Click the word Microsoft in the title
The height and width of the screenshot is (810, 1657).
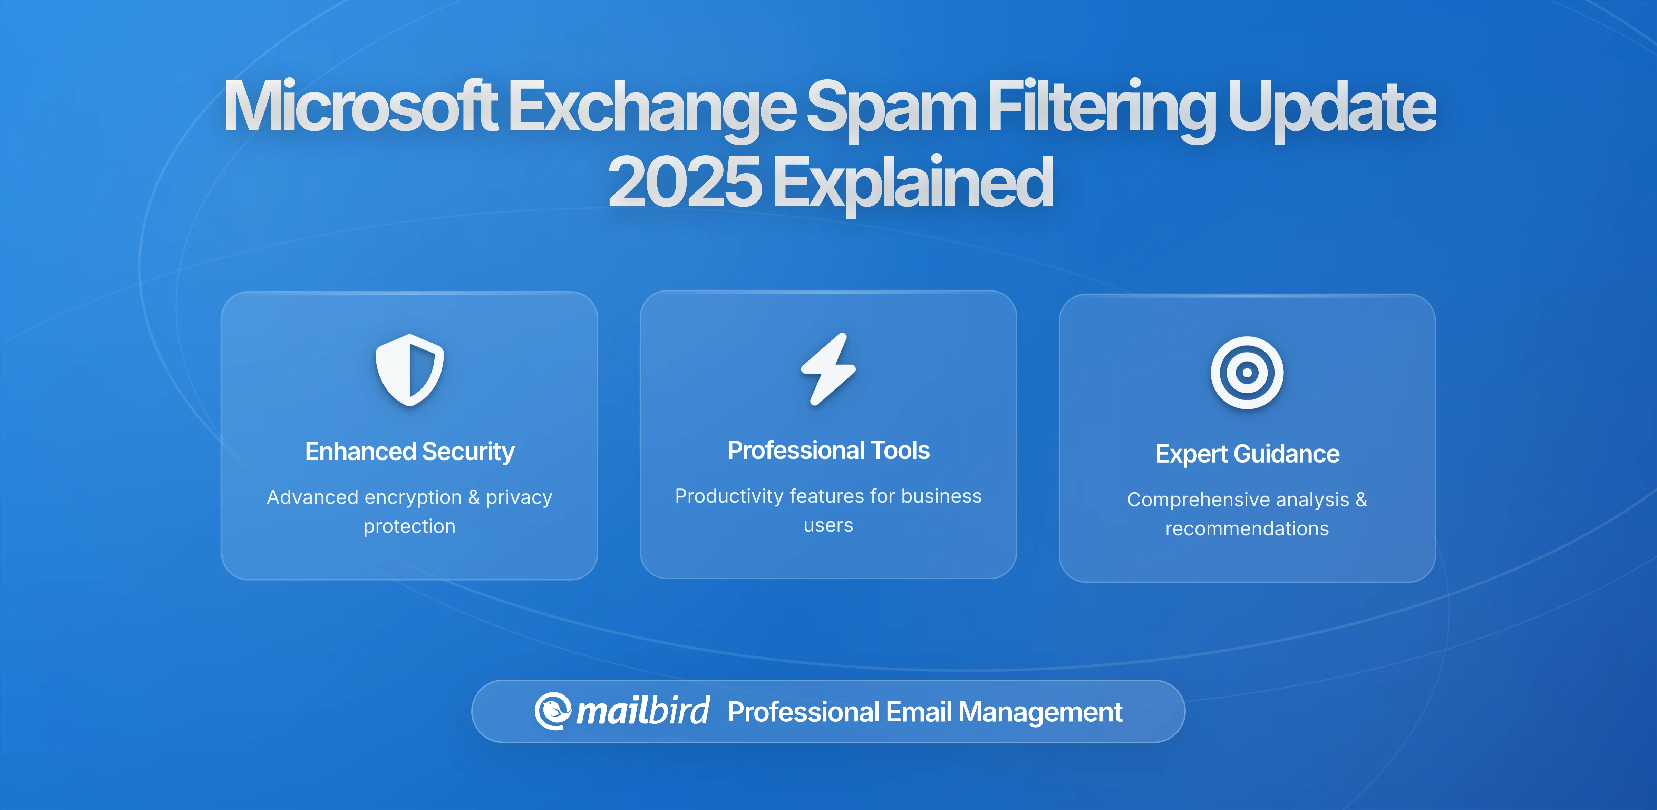(x=360, y=107)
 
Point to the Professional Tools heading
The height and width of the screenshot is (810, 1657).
(x=828, y=450)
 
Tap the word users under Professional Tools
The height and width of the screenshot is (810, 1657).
(x=828, y=525)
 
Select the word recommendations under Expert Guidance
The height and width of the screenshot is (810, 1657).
(x=1247, y=529)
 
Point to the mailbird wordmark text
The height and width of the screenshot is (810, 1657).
(x=642, y=711)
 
